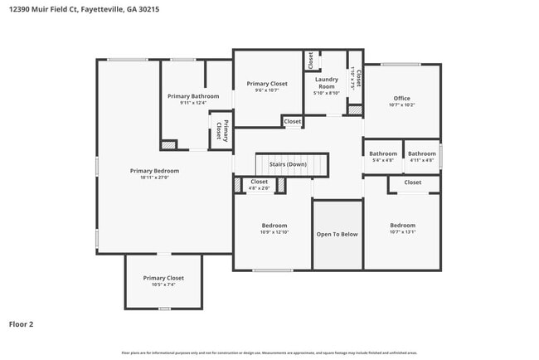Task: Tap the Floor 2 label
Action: tap(22, 324)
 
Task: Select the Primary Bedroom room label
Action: tap(154, 171)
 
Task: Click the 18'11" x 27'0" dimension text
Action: tap(154, 178)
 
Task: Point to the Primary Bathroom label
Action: tap(193, 96)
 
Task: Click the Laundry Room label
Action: tap(327, 82)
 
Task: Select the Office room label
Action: tap(401, 98)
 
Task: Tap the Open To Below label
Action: tap(337, 234)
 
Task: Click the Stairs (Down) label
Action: tap(288, 164)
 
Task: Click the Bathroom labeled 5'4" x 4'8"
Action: tap(383, 153)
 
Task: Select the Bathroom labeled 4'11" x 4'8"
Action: tap(421, 153)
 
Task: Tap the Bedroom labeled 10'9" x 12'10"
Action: tap(274, 226)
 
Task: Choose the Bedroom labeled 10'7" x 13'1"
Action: tap(402, 226)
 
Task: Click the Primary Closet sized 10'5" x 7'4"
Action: tap(163, 278)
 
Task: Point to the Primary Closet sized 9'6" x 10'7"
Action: tap(267, 84)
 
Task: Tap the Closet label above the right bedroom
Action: tap(412, 182)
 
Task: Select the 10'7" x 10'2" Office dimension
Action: tap(401, 105)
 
